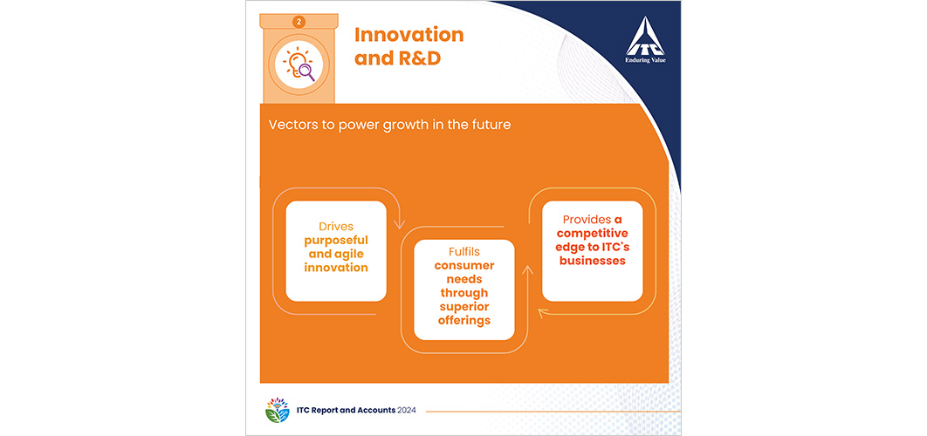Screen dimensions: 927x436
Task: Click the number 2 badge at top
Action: [299, 22]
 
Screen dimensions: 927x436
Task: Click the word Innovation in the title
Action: [409, 35]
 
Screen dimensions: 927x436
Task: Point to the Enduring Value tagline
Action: [646, 59]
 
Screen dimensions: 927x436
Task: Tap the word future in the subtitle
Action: [491, 126]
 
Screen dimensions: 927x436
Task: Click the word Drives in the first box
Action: [336, 227]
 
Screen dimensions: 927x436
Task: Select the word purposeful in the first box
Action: [336, 241]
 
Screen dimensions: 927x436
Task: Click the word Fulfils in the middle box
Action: [464, 252]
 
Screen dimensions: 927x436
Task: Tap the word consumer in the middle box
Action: [464, 266]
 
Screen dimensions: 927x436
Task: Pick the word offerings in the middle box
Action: [464, 320]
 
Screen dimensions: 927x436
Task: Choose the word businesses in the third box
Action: [593, 261]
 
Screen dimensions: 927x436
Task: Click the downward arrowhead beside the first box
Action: [399, 224]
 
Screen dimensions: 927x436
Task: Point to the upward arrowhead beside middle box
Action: [527, 270]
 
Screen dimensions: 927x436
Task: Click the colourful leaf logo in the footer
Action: [278, 411]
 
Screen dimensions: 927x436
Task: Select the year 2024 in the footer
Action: [406, 411]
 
